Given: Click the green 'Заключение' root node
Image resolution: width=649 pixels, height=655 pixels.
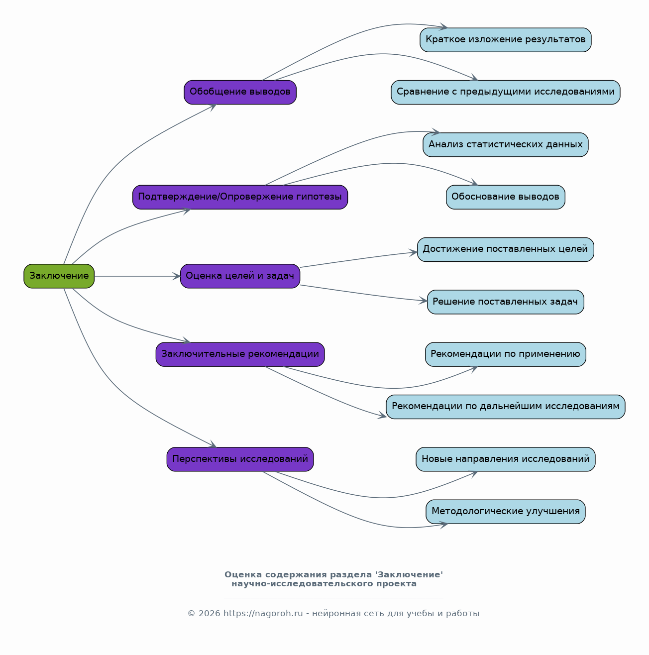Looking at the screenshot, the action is click(59, 276).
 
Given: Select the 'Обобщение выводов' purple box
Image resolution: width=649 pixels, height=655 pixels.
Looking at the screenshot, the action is click(240, 92).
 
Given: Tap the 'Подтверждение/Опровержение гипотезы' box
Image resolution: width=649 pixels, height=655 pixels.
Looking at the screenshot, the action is click(240, 197).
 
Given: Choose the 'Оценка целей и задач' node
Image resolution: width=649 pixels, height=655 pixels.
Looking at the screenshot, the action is click(240, 276).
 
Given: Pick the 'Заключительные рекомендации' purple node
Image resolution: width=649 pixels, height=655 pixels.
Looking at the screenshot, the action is click(240, 354).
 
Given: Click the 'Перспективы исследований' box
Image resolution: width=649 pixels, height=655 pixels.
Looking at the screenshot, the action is click(240, 459).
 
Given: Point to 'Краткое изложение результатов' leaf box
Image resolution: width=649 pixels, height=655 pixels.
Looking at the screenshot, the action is click(506, 40).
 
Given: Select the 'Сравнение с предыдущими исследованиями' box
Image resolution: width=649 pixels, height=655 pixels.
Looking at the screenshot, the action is click(506, 92).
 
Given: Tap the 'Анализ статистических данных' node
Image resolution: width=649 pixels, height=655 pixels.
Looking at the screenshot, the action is click(506, 145).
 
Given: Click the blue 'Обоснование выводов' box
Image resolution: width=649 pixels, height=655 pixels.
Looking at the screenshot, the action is click(506, 197).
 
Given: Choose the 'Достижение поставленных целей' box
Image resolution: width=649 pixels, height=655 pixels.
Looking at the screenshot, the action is click(506, 249).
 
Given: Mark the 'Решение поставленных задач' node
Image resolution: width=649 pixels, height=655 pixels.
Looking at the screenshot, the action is click(506, 302).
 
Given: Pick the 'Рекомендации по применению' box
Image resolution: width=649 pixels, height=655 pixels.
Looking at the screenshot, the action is click(506, 354).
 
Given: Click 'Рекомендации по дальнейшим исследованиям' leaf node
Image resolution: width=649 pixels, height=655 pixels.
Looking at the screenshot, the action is click(506, 407).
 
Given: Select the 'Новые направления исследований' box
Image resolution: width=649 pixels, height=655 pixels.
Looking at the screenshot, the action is click(506, 459).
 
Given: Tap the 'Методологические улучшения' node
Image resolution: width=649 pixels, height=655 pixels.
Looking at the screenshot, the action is click(506, 512).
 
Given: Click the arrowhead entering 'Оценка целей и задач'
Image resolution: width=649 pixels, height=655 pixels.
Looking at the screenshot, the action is click(176, 276).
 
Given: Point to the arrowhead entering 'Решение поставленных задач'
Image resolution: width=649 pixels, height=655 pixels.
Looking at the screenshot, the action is click(423, 300).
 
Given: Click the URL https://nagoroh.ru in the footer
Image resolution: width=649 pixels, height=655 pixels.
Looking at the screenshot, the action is click(263, 613).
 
